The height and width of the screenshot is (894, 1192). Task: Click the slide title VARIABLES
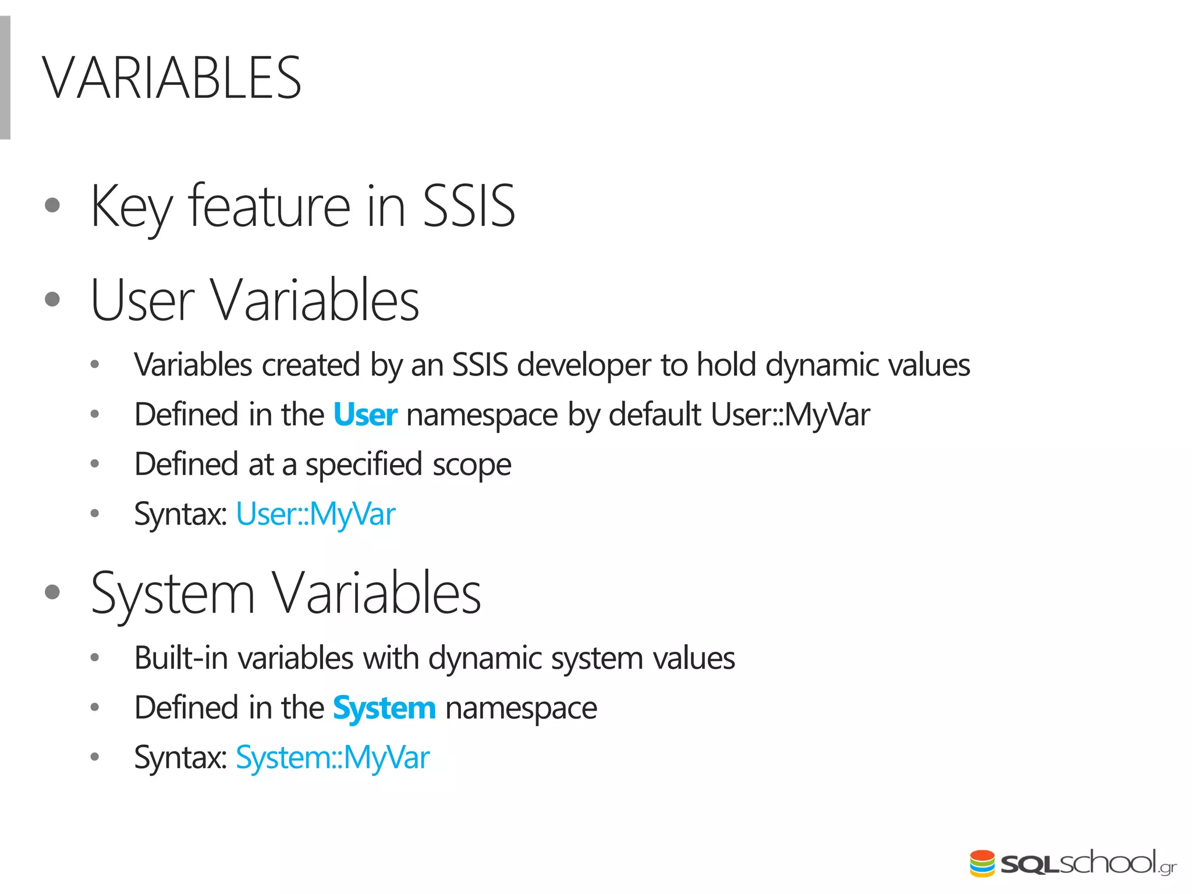point(172,78)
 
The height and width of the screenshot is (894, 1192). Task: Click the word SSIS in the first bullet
point(469,206)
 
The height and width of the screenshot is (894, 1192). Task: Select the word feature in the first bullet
point(269,206)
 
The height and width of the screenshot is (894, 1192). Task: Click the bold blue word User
point(365,415)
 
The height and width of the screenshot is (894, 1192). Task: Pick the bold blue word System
point(384,708)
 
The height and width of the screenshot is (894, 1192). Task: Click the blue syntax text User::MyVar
point(315,515)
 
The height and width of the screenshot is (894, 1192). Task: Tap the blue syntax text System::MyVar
point(332,758)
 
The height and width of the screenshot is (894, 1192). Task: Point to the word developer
point(584,366)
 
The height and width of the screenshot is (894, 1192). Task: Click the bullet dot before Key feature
point(52,205)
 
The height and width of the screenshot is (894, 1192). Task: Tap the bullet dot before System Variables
point(52,592)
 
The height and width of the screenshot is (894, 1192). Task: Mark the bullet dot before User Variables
point(52,299)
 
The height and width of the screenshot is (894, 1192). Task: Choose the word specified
point(364,464)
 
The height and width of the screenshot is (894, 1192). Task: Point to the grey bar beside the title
point(5,78)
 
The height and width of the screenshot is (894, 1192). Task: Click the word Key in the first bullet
point(132,207)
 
